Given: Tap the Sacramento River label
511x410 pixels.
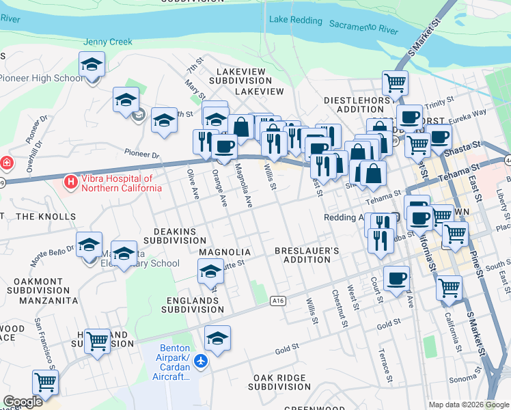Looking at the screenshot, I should pyautogui.click(x=363, y=27).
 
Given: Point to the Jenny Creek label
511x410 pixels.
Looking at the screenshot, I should pyautogui.click(x=107, y=42).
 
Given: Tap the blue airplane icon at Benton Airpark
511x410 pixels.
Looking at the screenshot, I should pyautogui.click(x=200, y=361).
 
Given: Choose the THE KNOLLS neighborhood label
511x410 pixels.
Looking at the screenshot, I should pyautogui.click(x=45, y=217).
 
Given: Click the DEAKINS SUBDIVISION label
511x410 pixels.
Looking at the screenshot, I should pyautogui.click(x=180, y=236).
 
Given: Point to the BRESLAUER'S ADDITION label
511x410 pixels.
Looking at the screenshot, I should pyautogui.click(x=307, y=256).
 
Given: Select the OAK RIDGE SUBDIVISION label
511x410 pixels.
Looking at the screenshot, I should pyautogui.click(x=282, y=382).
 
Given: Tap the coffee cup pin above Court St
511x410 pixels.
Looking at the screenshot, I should pyautogui.click(x=396, y=277).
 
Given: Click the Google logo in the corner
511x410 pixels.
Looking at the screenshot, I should pyautogui.click(x=23, y=402).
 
